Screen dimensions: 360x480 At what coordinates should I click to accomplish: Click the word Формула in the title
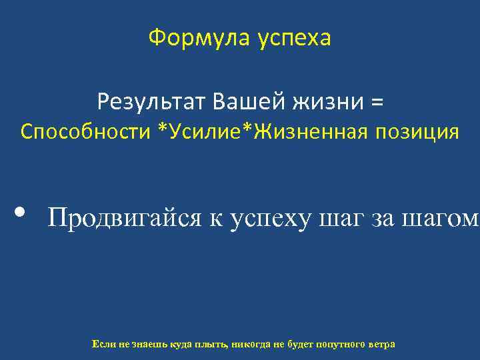pyautogui.click(x=193, y=39)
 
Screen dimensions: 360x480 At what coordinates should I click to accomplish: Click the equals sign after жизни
pyautogui.click(x=377, y=103)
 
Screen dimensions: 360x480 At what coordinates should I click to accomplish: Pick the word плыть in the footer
pyautogui.click(x=211, y=344)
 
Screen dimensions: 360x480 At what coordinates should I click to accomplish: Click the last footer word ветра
pyautogui.click(x=382, y=344)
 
